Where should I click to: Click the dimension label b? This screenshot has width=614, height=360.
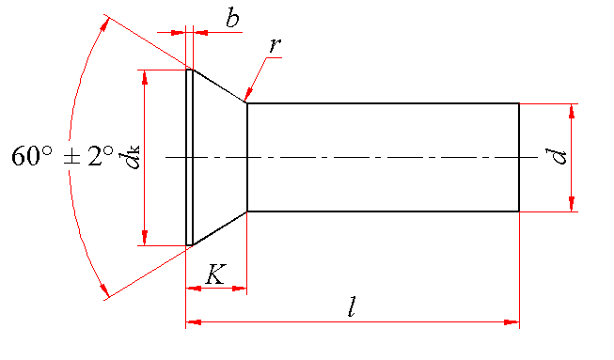pyautogui.click(x=232, y=18)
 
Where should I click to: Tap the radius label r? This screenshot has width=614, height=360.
pyautogui.click(x=275, y=45)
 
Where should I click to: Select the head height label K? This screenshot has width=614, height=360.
pyautogui.click(x=215, y=274)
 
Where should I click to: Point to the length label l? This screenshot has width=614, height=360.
pyautogui.click(x=352, y=306)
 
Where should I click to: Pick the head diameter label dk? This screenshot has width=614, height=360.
pyautogui.click(x=132, y=157)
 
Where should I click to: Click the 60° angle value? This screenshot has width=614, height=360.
pyautogui.click(x=31, y=155)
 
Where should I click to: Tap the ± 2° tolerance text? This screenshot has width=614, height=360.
pyautogui.click(x=87, y=155)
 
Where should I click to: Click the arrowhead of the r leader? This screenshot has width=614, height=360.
pyautogui.click(x=247, y=96)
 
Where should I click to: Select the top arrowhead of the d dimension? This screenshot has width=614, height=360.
pyautogui.click(x=572, y=111)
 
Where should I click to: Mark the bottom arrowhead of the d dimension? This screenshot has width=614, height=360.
pyautogui.click(x=572, y=204)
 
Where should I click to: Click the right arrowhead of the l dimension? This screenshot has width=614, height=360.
pyautogui.click(x=512, y=322)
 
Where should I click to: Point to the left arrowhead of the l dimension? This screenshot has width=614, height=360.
pyautogui.click(x=194, y=322)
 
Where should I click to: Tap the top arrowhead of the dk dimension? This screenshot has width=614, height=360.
pyautogui.click(x=145, y=77)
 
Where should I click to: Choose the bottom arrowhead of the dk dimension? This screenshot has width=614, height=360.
pyautogui.click(x=145, y=238)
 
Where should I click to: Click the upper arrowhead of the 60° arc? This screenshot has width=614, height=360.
pyautogui.click(x=103, y=24)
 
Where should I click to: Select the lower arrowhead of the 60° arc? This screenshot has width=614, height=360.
pyautogui.click(x=103, y=290)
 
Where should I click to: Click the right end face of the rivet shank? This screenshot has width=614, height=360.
pyautogui.click(x=519, y=157)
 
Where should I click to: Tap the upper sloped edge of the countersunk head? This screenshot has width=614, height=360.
pyautogui.click(x=220, y=86)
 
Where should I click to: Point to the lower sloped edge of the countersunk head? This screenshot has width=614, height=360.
pyautogui.click(x=220, y=228)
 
